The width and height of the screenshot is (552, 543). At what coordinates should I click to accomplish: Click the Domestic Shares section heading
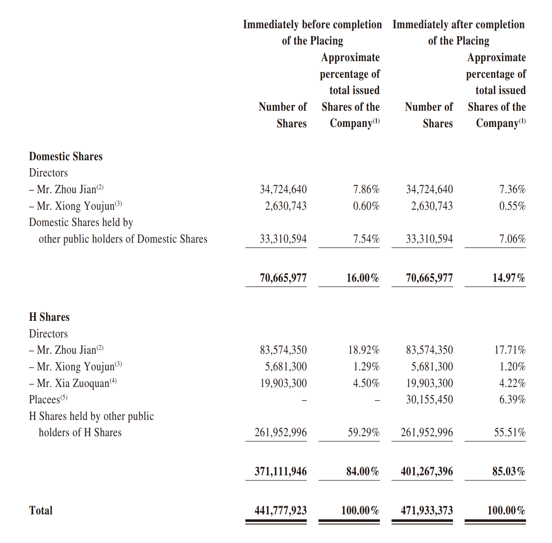66,156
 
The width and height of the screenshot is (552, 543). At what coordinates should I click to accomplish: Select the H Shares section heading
49,317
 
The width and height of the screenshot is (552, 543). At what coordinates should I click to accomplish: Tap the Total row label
41,510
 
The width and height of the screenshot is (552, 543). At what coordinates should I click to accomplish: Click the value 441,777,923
280,510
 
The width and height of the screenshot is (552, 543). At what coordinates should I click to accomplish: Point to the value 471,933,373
427,510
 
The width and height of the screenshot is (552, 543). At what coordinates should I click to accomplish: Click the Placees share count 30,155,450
429,399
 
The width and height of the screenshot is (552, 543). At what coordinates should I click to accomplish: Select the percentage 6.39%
512,399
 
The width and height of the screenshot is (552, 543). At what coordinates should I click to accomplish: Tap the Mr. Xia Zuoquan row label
73,383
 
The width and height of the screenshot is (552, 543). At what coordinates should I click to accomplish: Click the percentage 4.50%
366,383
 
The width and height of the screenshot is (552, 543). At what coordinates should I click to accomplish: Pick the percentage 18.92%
364,350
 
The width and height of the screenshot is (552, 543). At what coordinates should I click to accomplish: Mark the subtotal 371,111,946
280,471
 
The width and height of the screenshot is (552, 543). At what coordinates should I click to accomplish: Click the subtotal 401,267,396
427,471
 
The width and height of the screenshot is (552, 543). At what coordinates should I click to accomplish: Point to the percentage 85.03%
509,471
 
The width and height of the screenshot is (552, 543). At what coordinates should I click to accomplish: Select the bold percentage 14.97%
509,278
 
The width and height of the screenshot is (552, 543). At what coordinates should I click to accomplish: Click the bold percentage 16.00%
363,278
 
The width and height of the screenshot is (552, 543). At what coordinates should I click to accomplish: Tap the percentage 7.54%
366,239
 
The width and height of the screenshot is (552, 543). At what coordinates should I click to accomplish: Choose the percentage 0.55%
512,206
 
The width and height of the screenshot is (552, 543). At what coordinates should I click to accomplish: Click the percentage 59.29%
364,432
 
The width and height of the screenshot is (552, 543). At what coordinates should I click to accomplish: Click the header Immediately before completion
312,24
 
